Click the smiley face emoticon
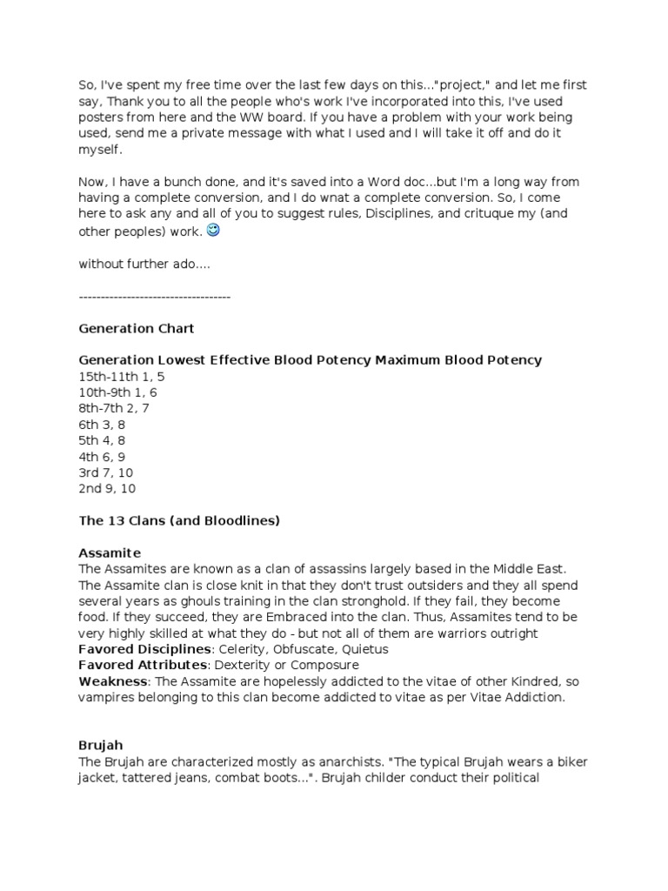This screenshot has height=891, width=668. point(214,231)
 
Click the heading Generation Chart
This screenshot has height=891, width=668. point(137,329)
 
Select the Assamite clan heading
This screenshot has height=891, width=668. point(110,553)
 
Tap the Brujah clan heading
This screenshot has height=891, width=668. point(101,746)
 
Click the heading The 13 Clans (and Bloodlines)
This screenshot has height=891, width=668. point(178,520)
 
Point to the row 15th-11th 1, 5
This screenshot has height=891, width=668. point(121,377)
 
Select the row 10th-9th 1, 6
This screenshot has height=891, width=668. point(117,392)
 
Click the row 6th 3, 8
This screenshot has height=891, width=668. point(102,425)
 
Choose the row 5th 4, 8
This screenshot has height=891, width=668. point(102,440)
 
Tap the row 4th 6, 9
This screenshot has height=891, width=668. point(102,456)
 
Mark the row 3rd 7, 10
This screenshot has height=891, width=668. point(105,472)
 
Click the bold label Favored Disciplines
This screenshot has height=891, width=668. point(144,649)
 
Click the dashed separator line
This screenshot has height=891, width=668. point(154,297)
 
